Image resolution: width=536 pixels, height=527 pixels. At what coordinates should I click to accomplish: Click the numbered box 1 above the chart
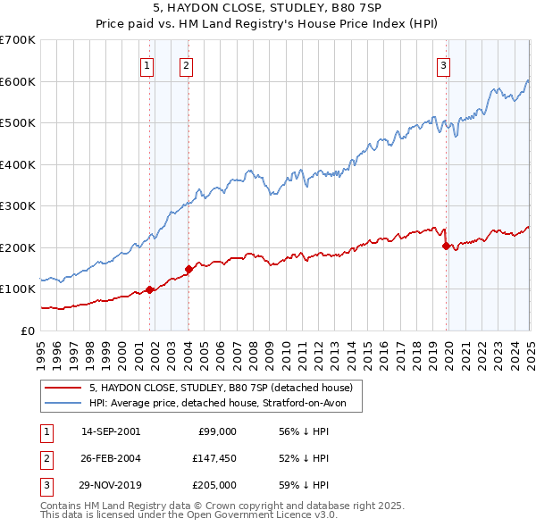click(x=146, y=64)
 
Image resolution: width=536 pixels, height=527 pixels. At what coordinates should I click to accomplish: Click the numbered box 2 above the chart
click(x=186, y=64)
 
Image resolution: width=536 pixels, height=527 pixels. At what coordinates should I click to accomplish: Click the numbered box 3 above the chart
click(x=444, y=64)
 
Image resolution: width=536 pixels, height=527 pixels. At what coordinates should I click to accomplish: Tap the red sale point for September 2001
click(x=150, y=289)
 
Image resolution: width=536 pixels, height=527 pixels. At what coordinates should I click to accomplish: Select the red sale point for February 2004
click(x=188, y=269)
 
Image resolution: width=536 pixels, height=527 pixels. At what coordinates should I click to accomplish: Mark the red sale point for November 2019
click(x=446, y=246)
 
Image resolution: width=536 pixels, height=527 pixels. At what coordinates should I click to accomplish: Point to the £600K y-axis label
click(x=18, y=81)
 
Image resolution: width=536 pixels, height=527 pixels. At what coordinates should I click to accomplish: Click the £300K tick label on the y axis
click(x=18, y=205)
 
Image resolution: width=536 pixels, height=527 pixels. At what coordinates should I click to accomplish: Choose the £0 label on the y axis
click(x=27, y=330)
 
